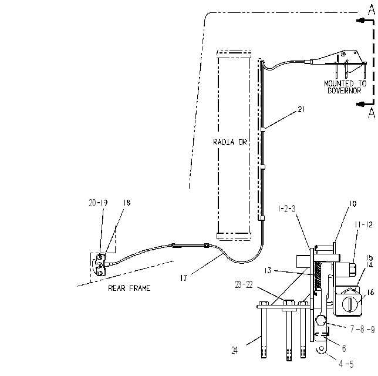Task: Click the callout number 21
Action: tap(301, 109)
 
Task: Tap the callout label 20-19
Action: tap(98, 203)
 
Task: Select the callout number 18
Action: tap(127, 203)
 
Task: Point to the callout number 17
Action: tap(184, 278)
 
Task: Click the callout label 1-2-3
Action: tap(286, 209)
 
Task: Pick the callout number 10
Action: tap(352, 204)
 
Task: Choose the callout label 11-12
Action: tap(363, 224)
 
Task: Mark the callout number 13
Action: tap(268, 270)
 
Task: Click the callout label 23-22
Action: tap(244, 285)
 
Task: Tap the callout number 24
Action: tap(235, 350)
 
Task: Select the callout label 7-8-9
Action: tap(362, 329)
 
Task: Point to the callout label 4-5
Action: tap(346, 364)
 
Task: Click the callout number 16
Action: tap(370, 292)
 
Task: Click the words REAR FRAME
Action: tap(129, 288)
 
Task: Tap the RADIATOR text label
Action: tap(230, 142)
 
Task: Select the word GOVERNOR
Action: tap(345, 90)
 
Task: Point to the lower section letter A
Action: tap(372, 113)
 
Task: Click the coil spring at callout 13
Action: tap(318, 276)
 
